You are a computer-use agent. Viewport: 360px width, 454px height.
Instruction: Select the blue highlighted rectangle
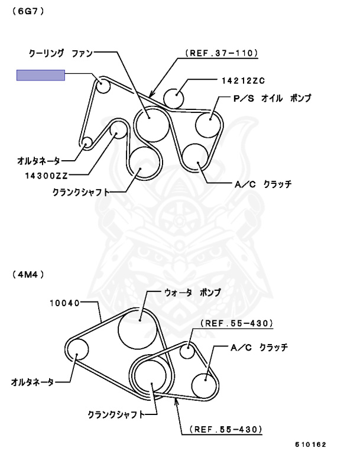pos(40,74)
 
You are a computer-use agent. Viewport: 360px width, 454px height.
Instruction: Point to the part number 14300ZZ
pos(48,175)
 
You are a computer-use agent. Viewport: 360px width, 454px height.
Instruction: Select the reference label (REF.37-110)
pos(222,53)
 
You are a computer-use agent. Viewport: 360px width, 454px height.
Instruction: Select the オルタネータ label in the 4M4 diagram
pos(32,382)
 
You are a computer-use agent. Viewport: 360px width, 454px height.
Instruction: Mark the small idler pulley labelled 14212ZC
pos(176,97)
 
